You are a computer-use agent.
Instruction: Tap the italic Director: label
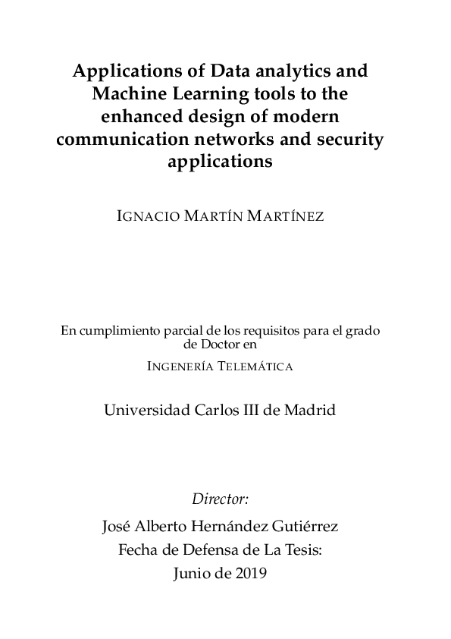(221, 499)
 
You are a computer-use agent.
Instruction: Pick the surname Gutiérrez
(312, 525)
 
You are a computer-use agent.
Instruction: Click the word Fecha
(138, 549)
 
